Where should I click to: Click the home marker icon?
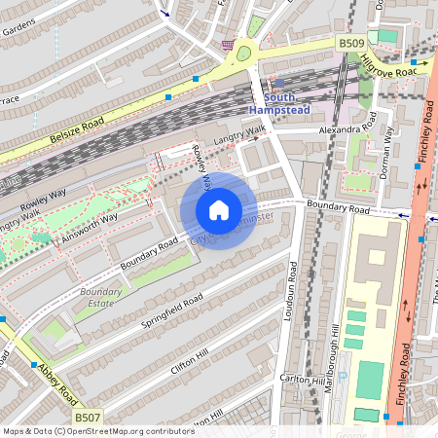coord(219,210)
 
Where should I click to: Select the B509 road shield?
coord(350,44)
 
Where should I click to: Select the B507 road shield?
coord(89,419)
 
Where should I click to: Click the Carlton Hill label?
coord(300,377)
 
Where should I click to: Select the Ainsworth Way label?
coord(88,226)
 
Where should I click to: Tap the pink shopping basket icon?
coord(227,45)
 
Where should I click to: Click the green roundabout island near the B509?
coord(243,54)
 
